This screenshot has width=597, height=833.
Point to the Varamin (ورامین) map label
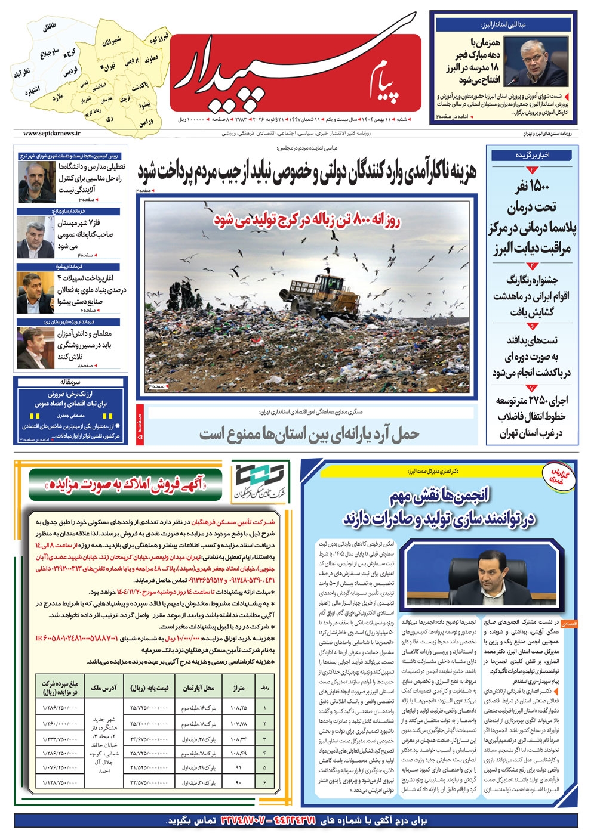(146, 123)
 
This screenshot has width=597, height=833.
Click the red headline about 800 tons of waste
(307, 219)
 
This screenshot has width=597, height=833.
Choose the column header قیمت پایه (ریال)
(149, 687)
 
